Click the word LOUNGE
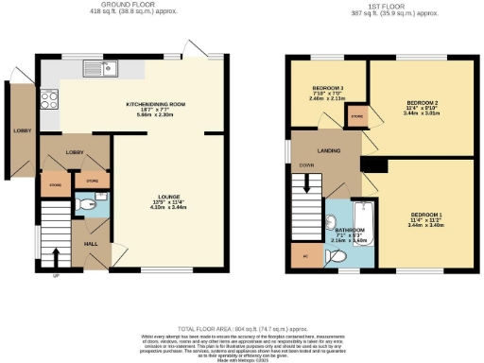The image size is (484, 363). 168,197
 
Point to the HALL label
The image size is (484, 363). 91,243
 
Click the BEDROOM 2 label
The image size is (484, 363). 423,102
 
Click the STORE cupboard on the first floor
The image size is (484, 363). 357,117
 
